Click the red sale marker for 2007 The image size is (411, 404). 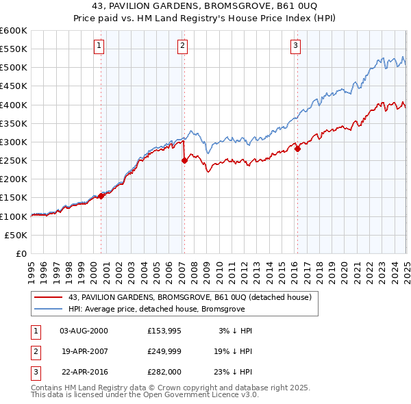[x=184, y=160]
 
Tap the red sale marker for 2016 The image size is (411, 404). [x=297, y=149]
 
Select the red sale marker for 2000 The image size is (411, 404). [x=101, y=196]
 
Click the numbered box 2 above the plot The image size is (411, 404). [x=183, y=46]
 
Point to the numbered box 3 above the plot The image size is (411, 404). [x=295, y=46]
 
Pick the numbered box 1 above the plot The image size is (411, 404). [x=99, y=46]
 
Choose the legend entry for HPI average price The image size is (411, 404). [x=154, y=309]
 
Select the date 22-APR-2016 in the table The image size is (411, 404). [x=84, y=373]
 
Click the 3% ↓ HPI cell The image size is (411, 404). [x=235, y=331]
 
